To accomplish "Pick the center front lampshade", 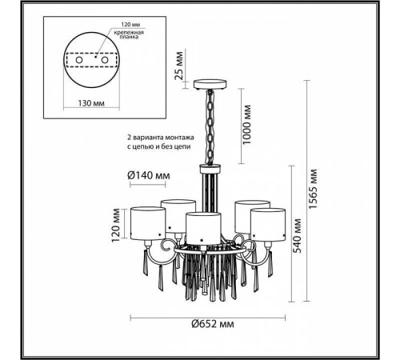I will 204,226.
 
